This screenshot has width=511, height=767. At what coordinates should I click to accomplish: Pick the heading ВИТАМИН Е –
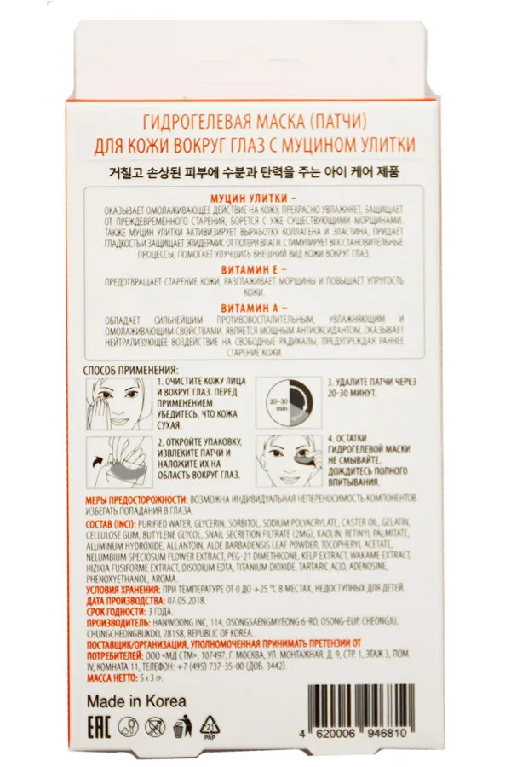click(x=255, y=268)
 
